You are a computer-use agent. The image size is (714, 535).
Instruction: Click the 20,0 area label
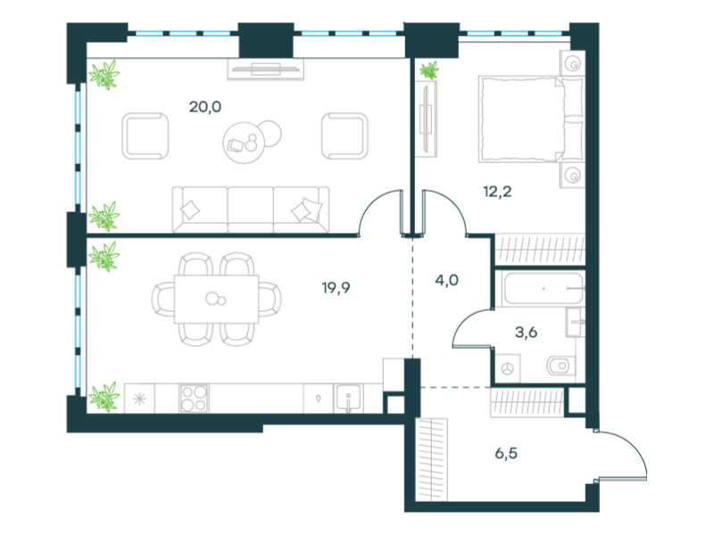coord(205,107)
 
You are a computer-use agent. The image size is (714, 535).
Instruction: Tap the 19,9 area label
coord(336,288)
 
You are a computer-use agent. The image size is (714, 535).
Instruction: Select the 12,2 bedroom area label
coord(497,192)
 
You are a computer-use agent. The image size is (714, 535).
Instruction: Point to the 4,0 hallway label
coord(447,280)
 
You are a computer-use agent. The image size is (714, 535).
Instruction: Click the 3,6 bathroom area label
coord(526,333)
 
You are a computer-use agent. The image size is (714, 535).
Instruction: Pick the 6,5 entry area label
coord(506,453)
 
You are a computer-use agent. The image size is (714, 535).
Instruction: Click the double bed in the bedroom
coord(531,119)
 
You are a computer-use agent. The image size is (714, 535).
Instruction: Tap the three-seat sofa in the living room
coord(251,210)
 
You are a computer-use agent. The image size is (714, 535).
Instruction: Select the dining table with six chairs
coord(216,300)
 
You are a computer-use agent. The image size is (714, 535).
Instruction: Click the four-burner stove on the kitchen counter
coord(194,398)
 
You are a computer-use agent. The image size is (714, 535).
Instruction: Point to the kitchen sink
coord(348,399)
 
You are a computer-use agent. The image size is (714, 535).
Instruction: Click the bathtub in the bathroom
coord(544,288)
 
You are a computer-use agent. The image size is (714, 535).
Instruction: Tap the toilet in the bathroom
coord(561,366)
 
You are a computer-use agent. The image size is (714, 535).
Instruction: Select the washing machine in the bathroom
coord(508,368)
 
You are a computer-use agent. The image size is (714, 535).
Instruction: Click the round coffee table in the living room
coord(245,143)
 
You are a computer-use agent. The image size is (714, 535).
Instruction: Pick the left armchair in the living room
coord(145,136)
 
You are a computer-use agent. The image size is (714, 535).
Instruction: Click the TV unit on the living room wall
coord(266,70)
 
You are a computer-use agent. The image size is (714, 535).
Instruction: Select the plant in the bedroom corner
coord(429,70)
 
